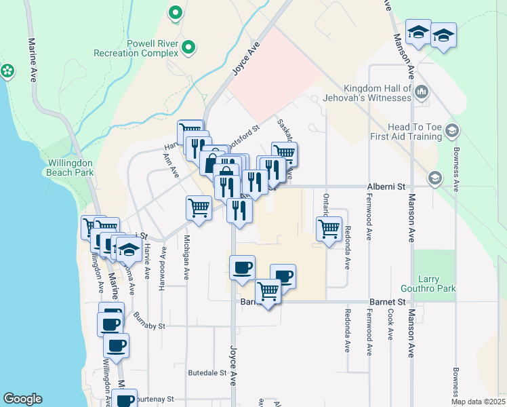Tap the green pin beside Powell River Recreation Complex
coord(189,47)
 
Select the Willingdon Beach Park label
coord(70,168)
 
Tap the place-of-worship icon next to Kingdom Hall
coord(422,91)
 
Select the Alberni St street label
coord(385,186)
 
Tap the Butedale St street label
coord(207,373)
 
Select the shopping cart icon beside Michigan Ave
coord(199,208)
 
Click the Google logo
coord(22,399)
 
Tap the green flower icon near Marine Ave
coord(7,70)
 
